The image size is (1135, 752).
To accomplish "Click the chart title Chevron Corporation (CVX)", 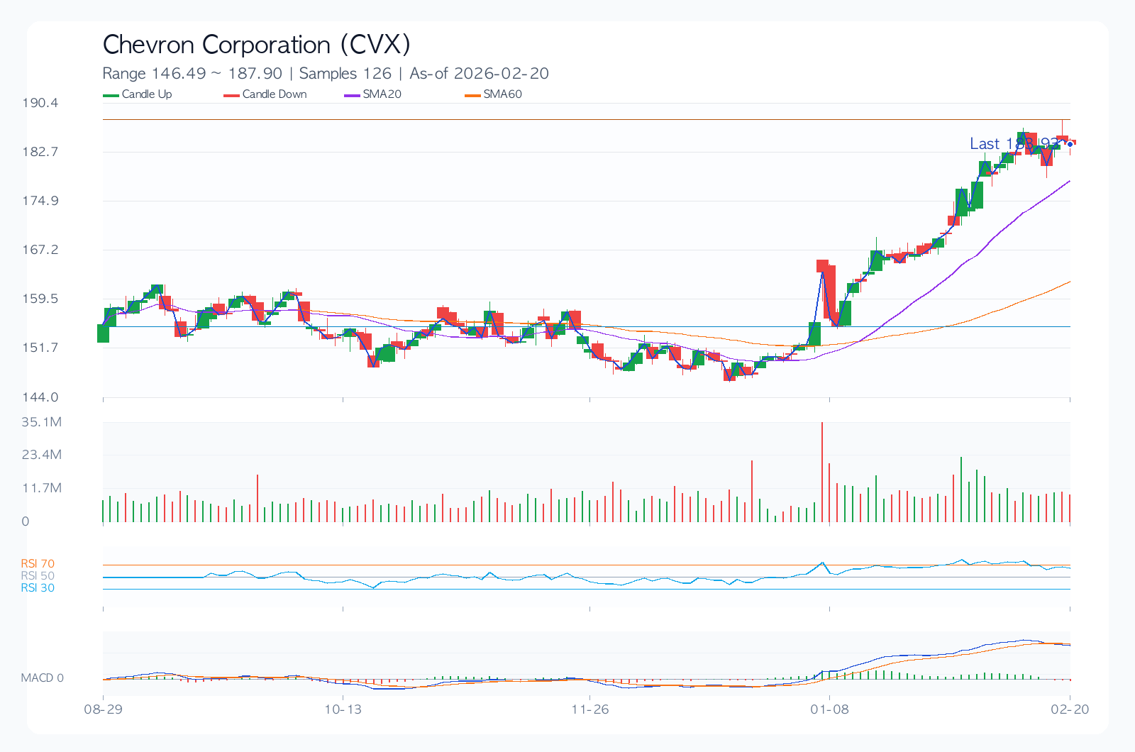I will pos(256,45).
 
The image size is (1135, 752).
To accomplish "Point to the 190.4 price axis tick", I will pos(40,103).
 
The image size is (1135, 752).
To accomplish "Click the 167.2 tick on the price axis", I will pos(40,250).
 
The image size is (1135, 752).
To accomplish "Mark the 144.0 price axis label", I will pos(40,397).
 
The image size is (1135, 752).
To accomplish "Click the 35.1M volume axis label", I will pos(42,422).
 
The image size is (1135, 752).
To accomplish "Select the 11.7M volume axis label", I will pos(42,488).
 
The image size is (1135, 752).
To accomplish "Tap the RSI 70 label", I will pos(38,564).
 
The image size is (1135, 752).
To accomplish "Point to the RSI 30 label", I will pos(38,588).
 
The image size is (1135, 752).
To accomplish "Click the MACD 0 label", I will pos(42,678).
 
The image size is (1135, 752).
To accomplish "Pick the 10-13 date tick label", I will pos(343,709).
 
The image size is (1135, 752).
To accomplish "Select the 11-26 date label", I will pos(590,709).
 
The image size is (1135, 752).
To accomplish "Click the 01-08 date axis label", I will pos(829,709).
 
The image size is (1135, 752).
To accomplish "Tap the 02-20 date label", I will pos(1070,709).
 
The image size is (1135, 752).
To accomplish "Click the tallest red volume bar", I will pos(822,472).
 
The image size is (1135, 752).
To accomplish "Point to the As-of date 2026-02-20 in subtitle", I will pos(501,74).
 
